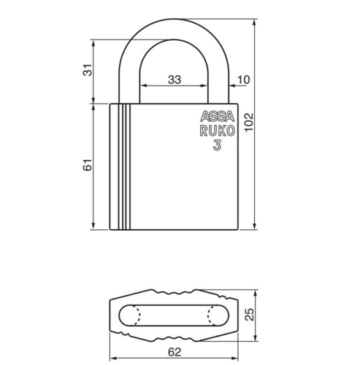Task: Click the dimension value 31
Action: tap(88, 70)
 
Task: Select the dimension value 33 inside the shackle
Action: tap(175, 80)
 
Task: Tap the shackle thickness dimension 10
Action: tap(243, 79)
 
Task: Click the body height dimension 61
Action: tap(88, 166)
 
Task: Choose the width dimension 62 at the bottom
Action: tap(175, 351)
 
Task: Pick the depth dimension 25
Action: tap(250, 315)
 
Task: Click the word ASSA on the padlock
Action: tap(213, 117)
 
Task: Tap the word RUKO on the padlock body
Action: tap(215, 131)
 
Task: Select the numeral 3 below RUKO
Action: tap(217, 145)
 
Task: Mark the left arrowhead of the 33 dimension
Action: tap(142, 87)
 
